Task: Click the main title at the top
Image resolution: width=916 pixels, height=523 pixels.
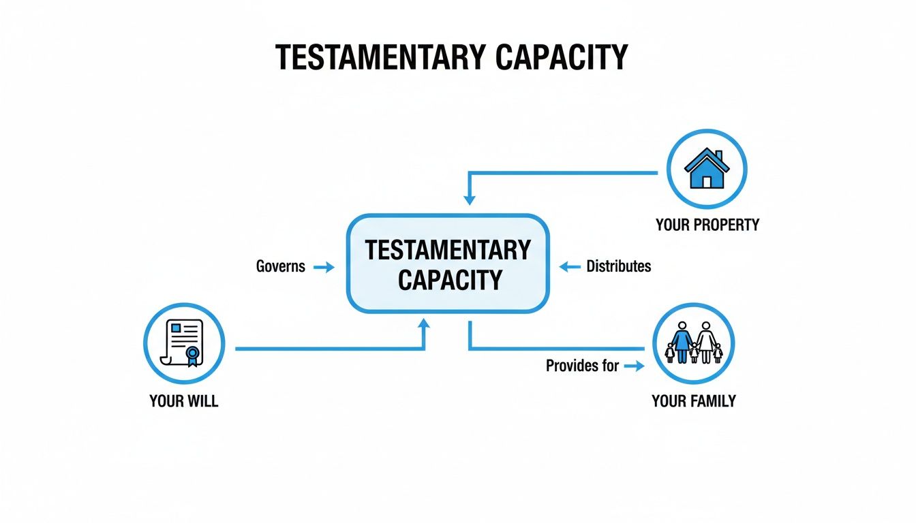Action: pos(451,59)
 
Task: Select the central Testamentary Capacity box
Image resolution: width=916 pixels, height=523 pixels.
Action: pos(448,264)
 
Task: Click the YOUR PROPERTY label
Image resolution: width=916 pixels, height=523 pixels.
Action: pos(707,225)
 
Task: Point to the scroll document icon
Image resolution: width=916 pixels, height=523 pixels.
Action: pos(183,343)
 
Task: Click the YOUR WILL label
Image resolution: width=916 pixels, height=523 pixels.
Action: pos(184,401)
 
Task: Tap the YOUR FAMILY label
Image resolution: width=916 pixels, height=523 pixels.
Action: pos(694,401)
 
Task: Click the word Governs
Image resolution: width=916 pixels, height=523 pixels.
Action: pos(281,266)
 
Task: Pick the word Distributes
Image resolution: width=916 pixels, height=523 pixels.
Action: pos(619,266)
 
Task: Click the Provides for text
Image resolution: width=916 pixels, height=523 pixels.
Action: pos(582,366)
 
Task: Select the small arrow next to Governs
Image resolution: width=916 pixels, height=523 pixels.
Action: pos(324,268)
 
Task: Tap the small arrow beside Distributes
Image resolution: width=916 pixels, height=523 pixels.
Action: pos(570,267)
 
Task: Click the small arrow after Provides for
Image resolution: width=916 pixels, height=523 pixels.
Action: pos(634,366)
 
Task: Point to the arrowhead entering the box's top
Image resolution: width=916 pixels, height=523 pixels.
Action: pos(469,200)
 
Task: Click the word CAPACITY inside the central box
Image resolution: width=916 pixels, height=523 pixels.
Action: pos(450,280)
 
